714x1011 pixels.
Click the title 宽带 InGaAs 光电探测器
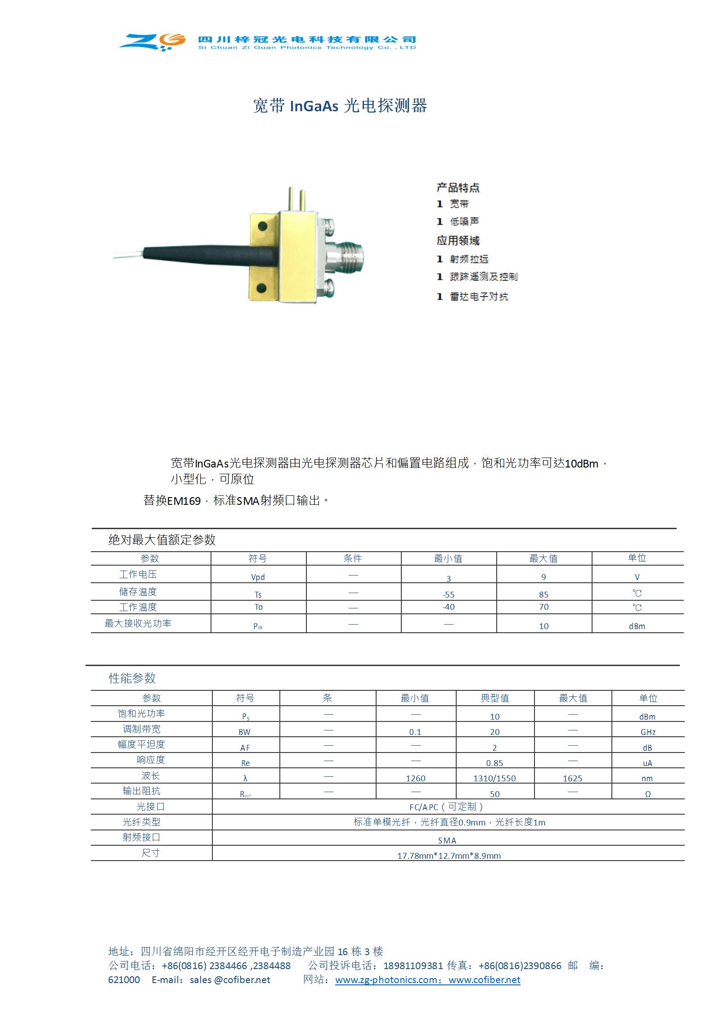(x=340, y=106)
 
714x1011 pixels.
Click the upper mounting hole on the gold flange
(x=262, y=227)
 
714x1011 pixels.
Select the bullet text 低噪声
(x=464, y=222)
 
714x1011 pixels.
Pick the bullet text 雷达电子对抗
(x=479, y=296)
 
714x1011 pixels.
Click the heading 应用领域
(x=458, y=240)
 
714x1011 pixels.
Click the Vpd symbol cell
(x=258, y=577)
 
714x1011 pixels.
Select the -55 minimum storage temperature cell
(x=449, y=594)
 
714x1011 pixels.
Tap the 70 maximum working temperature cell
(x=543, y=607)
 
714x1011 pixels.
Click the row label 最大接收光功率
(x=138, y=623)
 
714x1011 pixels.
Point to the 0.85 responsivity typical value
(x=494, y=763)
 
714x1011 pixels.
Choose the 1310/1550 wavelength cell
(x=494, y=778)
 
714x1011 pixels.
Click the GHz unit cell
(x=648, y=732)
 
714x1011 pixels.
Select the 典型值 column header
(x=494, y=698)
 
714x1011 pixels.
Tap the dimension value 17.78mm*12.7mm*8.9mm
(x=449, y=856)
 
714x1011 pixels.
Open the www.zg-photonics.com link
(x=386, y=980)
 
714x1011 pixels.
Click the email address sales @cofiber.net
(x=230, y=980)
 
